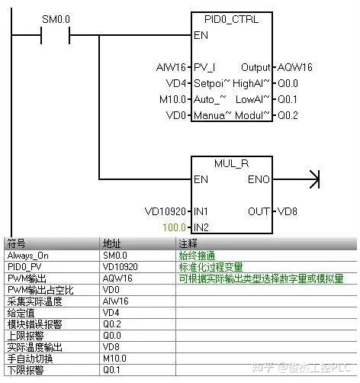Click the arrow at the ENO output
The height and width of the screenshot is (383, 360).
coord(310,180)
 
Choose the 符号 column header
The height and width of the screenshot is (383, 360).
coord(16,243)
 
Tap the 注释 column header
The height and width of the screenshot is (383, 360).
coord(188,243)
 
